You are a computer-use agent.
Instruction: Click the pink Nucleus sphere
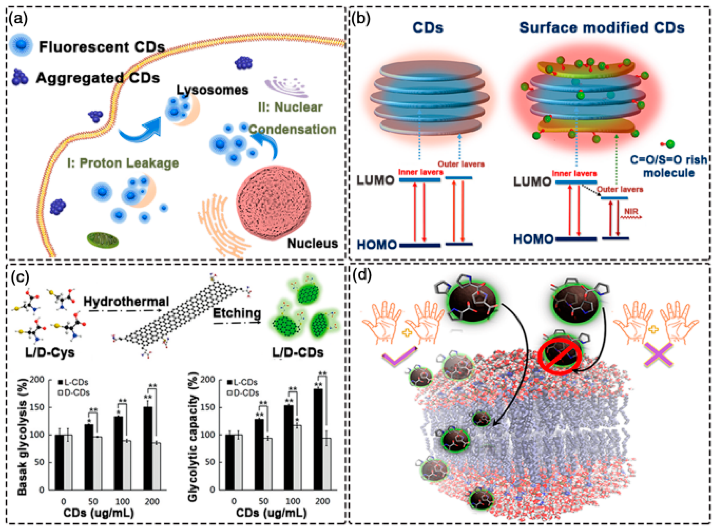pos(273,203)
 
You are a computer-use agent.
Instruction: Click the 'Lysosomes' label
pos(212,90)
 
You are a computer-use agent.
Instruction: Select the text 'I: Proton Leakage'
pos(123,163)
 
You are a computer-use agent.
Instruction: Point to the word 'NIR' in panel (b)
pos(631,212)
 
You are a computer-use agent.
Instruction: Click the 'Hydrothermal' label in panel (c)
pos(126,302)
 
